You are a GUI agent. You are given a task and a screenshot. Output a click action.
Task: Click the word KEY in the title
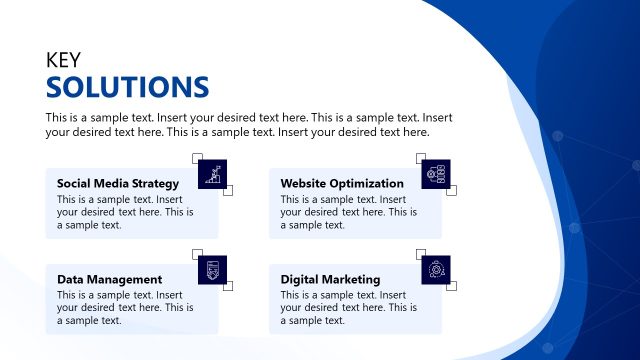pyautogui.click(x=63, y=60)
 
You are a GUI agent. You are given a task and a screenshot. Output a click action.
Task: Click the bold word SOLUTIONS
pyautogui.click(x=127, y=86)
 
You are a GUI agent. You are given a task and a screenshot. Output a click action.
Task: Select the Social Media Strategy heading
pyautogui.click(x=118, y=183)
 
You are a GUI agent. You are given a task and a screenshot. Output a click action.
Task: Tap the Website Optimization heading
pyautogui.click(x=342, y=183)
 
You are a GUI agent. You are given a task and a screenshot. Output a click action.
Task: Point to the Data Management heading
pyautogui.click(x=109, y=279)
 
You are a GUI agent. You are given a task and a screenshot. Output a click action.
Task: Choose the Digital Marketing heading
pyautogui.click(x=330, y=279)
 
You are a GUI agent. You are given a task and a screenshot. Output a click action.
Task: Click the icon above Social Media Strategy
pyautogui.click(x=212, y=174)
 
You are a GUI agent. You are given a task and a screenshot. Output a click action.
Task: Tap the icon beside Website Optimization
pyautogui.click(x=436, y=174)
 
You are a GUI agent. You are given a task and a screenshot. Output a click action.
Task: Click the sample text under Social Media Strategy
pyautogui.click(x=125, y=211)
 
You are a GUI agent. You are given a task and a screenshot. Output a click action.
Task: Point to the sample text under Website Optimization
pyautogui.click(x=349, y=211)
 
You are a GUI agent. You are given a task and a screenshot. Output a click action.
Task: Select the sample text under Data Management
pyautogui.click(x=125, y=307)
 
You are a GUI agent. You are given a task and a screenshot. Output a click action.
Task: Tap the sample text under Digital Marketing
pyautogui.click(x=349, y=307)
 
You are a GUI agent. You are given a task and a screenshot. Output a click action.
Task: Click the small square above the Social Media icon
pyautogui.click(x=197, y=158)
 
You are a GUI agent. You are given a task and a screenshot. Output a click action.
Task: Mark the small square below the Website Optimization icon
pyautogui.click(x=451, y=190)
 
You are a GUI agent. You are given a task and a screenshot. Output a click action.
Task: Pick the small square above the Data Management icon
pyautogui.click(x=197, y=254)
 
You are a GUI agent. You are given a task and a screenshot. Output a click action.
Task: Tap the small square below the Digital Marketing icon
pyautogui.click(x=451, y=286)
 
